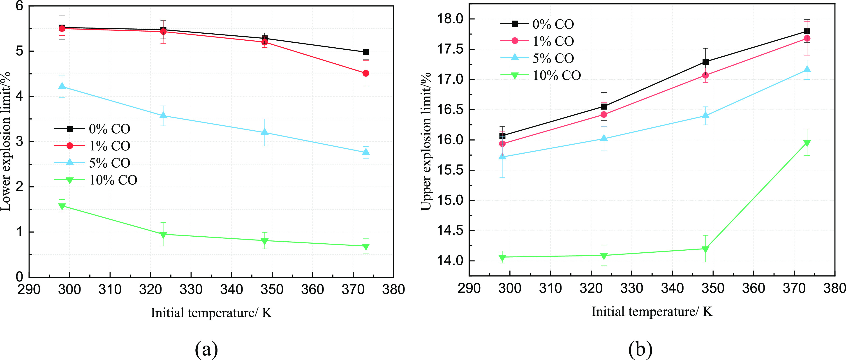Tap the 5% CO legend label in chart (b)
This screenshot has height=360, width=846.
553,58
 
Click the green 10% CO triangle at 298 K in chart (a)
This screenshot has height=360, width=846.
62,206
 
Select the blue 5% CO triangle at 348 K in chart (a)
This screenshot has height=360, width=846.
264,132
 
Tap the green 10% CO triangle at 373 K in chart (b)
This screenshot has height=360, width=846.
807,143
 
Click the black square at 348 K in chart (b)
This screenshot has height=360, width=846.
705,62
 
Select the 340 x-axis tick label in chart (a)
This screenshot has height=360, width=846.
231,290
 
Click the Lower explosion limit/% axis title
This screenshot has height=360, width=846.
6,141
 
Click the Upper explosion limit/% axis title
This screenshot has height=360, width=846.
426,141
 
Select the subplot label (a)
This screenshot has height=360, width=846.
206,349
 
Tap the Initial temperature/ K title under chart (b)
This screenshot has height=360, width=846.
652,311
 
